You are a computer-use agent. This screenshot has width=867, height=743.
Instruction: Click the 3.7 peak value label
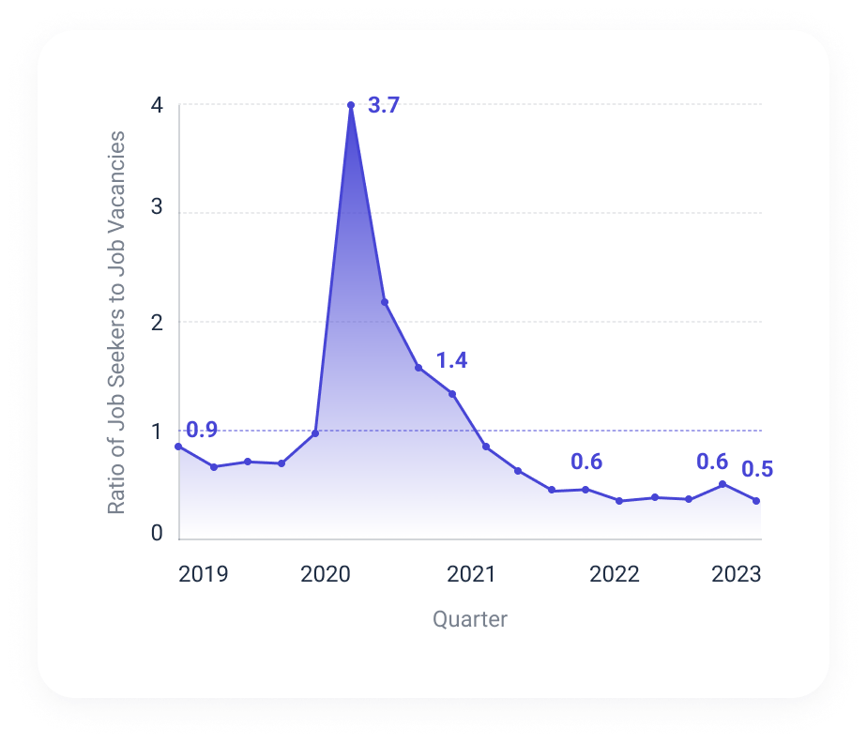pos(384,106)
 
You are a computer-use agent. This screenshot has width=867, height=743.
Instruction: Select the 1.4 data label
pos(451,360)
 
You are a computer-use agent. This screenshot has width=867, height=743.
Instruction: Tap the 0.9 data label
pos(202,431)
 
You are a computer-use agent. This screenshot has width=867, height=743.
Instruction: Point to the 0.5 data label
pos(757,470)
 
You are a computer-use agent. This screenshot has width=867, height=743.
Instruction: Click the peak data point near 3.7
pos(351,105)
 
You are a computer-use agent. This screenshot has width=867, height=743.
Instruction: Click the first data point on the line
pos(178,447)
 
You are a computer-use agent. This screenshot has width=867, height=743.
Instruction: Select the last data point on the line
pos(756,501)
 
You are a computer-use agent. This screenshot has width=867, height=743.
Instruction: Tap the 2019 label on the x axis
pos(203,574)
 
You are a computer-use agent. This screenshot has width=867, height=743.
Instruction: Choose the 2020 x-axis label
pos(325,574)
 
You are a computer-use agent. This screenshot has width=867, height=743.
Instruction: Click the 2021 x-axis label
pos(470,574)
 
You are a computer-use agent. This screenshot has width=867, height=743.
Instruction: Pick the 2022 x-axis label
pos(615,574)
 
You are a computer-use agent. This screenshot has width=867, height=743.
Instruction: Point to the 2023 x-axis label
pos(736,574)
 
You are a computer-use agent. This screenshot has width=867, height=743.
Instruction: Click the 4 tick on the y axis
pos(157,106)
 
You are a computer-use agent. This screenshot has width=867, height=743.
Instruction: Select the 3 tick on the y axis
pos(157,208)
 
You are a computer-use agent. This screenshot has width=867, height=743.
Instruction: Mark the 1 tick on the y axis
pos(157,432)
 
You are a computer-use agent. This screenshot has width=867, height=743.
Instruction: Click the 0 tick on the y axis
pos(157,534)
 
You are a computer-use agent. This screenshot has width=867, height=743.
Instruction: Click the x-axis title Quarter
pos(470,619)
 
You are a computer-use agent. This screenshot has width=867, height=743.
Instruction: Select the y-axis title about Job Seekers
pos(116,323)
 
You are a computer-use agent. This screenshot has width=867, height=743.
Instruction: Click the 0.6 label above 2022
pos(586,462)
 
